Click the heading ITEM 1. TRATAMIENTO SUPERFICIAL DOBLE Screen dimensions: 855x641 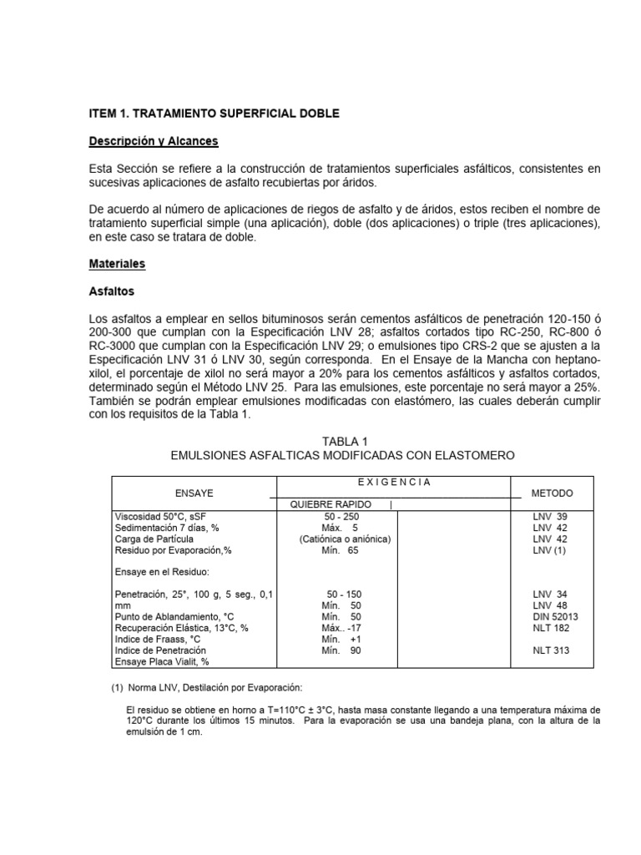215,113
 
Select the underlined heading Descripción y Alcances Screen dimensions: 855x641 154,141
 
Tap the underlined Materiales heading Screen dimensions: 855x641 117,263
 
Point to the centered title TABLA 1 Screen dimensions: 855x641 343,441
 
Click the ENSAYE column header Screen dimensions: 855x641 194,493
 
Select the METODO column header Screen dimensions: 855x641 553,493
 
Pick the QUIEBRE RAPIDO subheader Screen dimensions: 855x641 331,505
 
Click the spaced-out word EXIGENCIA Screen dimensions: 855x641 390,482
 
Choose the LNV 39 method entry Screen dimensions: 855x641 551,517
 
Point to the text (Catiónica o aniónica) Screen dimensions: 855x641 345,539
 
